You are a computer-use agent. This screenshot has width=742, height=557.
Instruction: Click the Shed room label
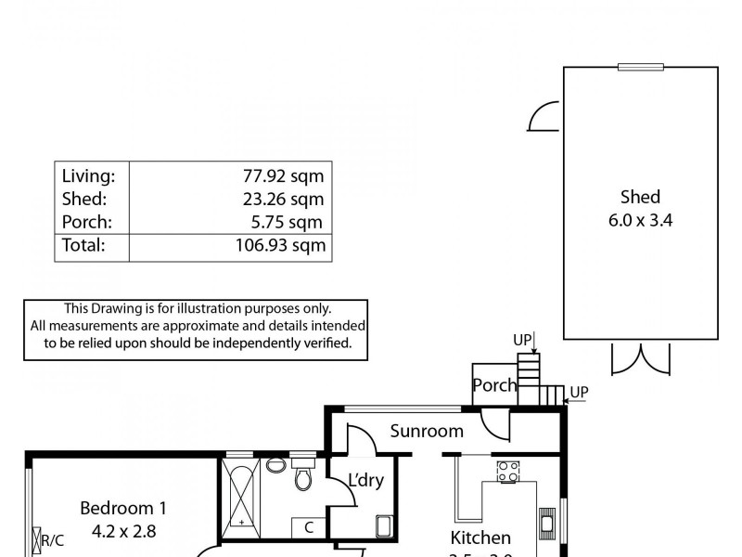pyautogui.click(x=640, y=197)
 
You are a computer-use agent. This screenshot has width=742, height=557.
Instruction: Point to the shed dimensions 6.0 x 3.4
pyautogui.click(x=640, y=222)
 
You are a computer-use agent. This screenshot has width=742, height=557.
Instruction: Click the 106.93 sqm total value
pyautogui.click(x=275, y=246)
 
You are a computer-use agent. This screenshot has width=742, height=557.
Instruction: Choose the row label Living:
pyautogui.click(x=88, y=175)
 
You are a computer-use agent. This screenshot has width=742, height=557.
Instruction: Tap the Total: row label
pyautogui.click(x=83, y=246)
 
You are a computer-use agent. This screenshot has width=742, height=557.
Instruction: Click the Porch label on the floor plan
pyautogui.click(x=493, y=385)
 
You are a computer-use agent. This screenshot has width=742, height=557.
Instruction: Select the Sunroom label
pyautogui.click(x=427, y=431)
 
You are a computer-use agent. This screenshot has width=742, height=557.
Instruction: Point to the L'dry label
pyautogui.click(x=365, y=481)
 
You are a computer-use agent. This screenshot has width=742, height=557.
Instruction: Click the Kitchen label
pyautogui.click(x=480, y=538)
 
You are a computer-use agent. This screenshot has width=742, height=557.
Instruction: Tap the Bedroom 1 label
pyautogui.click(x=123, y=508)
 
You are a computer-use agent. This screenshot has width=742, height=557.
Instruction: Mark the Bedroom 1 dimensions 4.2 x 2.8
pyautogui.click(x=123, y=532)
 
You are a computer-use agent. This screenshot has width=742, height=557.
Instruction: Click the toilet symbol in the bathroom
pyautogui.click(x=302, y=476)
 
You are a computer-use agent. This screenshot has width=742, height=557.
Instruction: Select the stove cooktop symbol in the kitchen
pyautogui.click(x=507, y=472)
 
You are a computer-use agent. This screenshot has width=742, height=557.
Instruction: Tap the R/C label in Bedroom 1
pyautogui.click(x=52, y=539)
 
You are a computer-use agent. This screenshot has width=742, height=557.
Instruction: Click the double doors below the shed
pyautogui.click(x=640, y=357)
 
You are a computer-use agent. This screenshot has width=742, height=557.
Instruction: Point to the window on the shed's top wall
pyautogui.click(x=641, y=66)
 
